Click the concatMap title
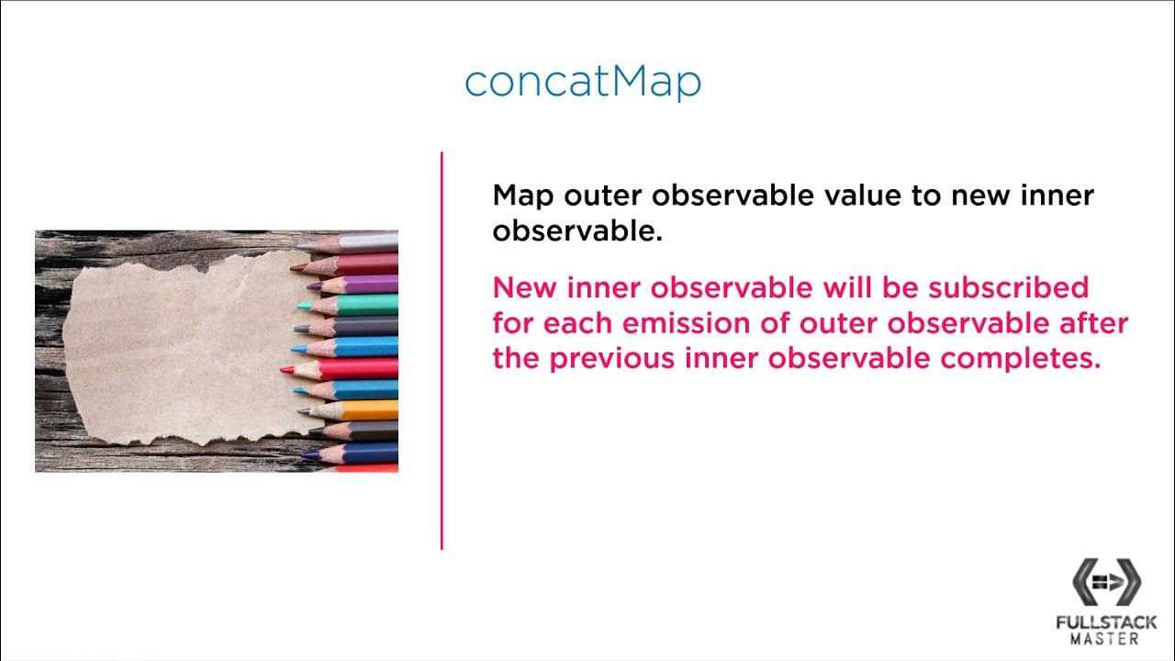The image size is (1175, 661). click(583, 81)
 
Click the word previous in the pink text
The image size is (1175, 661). click(614, 358)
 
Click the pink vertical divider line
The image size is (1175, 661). click(442, 349)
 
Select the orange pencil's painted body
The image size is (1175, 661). click(371, 409)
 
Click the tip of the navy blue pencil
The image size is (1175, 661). click(307, 454)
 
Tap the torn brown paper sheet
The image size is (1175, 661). click(174, 349)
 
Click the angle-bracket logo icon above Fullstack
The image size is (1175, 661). click(1106, 582)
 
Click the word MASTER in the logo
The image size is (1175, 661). click(1106, 639)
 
